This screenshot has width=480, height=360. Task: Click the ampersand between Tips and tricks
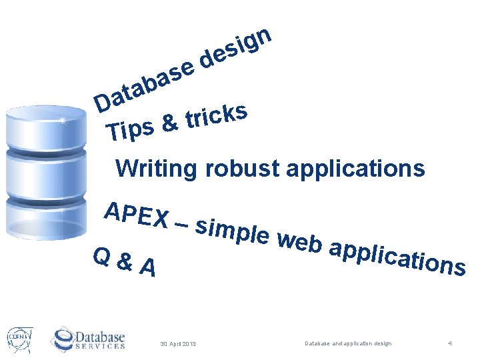click(x=171, y=123)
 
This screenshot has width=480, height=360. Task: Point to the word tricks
click(x=217, y=114)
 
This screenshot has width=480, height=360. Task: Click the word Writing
click(x=156, y=169)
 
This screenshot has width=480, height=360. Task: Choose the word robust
click(x=243, y=169)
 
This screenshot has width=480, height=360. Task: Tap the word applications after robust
click(x=355, y=169)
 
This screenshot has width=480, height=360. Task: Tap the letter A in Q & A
click(x=149, y=268)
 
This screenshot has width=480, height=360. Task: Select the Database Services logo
click(x=88, y=337)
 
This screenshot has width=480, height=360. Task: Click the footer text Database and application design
click(x=348, y=343)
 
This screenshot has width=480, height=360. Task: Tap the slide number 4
click(x=450, y=343)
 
